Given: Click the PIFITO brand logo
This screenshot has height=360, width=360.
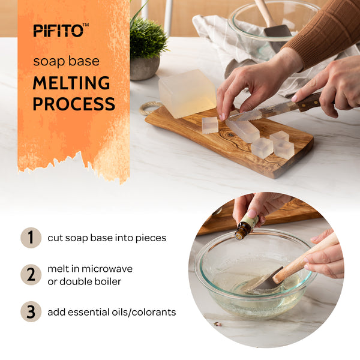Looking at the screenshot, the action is pos(61,30).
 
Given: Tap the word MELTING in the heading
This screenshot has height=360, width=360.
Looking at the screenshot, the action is pos(71,83).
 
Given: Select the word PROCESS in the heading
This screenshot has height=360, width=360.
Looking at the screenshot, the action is pos(74,104).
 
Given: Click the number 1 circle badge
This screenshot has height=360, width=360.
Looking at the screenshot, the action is pos(31,238).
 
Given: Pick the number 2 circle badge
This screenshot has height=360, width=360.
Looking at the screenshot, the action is pos(31,275).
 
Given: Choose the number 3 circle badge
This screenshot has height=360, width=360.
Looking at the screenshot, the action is pos(31,312).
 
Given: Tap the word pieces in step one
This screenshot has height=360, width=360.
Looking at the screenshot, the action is pos(151,238).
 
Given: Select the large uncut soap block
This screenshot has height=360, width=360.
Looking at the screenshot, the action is pos(187,93).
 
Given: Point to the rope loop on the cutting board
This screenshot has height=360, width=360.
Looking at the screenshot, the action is pos(149,108).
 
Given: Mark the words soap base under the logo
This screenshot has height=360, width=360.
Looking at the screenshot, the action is pos(67,61).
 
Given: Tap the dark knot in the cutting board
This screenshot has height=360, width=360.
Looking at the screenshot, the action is pos(230,135).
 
